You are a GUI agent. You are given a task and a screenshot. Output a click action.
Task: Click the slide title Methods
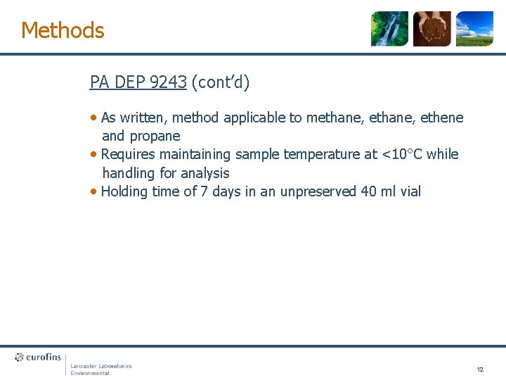(x=63, y=30)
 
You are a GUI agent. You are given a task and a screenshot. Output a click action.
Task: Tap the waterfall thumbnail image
(x=389, y=29)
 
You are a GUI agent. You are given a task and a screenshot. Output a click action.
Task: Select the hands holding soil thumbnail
(x=432, y=29)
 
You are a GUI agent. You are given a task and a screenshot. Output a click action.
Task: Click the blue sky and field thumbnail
(x=474, y=29)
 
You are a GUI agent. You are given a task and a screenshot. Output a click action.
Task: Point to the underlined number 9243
(x=168, y=82)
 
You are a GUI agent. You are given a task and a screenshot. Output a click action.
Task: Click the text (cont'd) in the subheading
(x=220, y=82)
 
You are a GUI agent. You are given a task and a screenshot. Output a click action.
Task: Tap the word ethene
(x=441, y=118)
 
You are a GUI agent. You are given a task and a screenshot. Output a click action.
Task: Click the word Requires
(x=129, y=154)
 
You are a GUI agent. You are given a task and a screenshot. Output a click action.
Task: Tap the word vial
(x=408, y=191)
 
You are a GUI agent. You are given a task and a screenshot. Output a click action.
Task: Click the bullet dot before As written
(x=94, y=118)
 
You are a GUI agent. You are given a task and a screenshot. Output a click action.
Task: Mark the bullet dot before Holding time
(x=94, y=191)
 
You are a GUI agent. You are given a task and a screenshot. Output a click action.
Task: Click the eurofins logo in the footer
(x=39, y=357)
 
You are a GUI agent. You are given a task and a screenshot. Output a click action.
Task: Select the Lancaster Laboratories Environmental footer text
(x=100, y=369)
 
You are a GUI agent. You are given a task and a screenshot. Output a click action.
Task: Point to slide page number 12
(x=480, y=369)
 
